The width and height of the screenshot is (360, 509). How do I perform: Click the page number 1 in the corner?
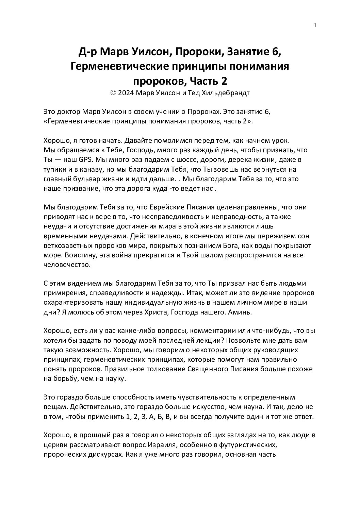pos(315,25)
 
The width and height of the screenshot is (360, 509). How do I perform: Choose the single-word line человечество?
pos(67,264)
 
